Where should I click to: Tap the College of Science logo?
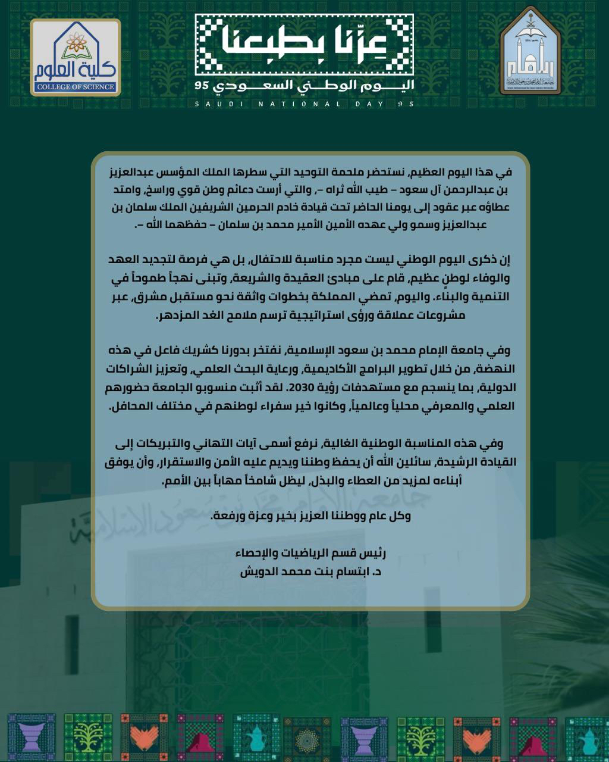click(x=76, y=58)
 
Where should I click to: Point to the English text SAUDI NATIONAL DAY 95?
click(x=304, y=104)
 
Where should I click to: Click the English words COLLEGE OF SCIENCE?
click(x=75, y=88)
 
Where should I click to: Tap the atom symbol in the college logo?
click(x=76, y=42)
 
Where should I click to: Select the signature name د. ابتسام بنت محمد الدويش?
click(x=310, y=571)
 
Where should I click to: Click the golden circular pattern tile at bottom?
click(x=307, y=738)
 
